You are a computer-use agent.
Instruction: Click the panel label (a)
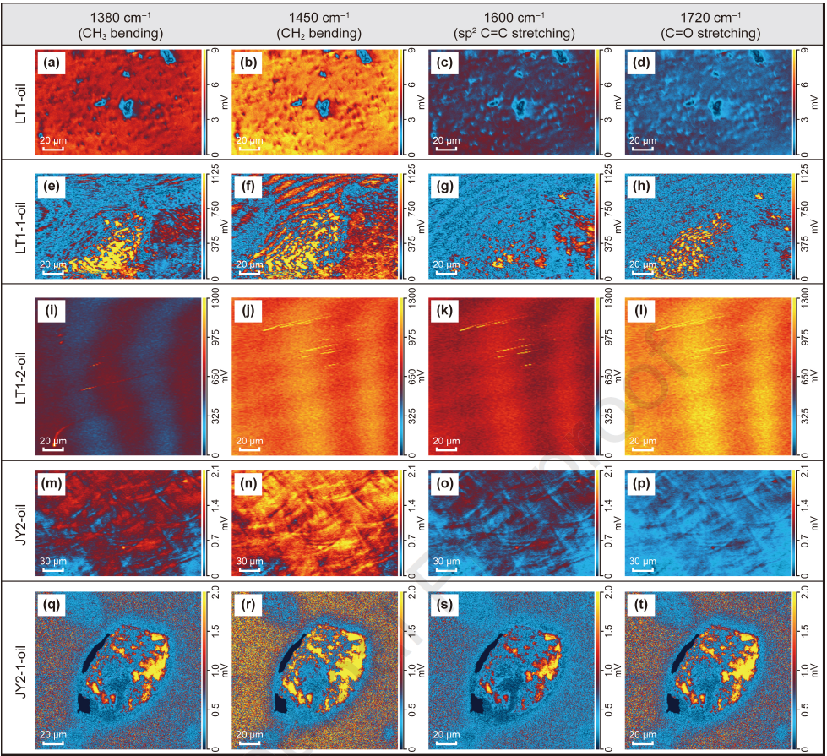(52, 63)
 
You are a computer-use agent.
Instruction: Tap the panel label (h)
(641, 186)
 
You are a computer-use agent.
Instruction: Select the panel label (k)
(444, 311)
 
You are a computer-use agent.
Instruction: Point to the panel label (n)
(248, 483)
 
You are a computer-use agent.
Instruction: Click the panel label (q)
(52, 604)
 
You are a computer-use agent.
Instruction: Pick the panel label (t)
(641, 604)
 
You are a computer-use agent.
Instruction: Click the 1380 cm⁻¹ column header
(121, 18)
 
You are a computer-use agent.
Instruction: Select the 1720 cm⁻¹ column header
(710, 18)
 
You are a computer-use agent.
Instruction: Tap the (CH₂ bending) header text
(319, 34)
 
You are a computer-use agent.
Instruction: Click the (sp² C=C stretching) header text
(514, 34)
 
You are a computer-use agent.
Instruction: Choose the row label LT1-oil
(21, 103)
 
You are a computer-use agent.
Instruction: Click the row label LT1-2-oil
(21, 378)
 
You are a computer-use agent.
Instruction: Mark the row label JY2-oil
(21, 524)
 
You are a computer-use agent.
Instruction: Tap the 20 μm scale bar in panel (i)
(52, 449)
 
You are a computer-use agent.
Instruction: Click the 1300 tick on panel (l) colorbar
(804, 297)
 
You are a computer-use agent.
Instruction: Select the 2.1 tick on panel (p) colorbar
(804, 471)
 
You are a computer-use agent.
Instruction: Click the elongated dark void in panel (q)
(95, 653)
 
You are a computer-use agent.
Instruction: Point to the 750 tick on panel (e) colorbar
(215, 209)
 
